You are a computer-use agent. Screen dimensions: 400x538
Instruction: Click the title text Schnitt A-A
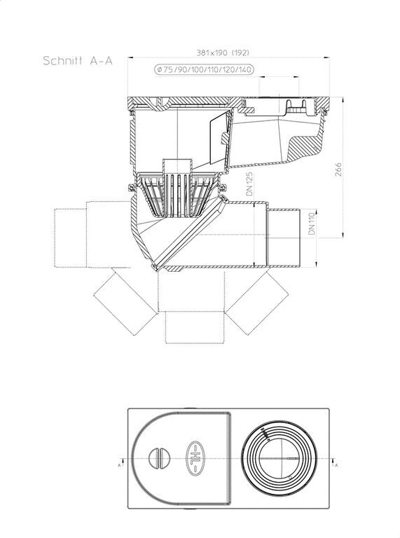pyautogui.click(x=78, y=61)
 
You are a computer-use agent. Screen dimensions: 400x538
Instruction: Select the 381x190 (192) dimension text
pyautogui.click(x=223, y=53)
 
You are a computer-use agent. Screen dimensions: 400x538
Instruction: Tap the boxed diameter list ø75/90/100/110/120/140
pyautogui.click(x=205, y=70)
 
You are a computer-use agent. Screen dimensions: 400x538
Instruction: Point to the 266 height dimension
pyautogui.click(x=338, y=170)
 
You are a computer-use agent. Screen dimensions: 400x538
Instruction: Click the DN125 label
pyautogui.click(x=249, y=184)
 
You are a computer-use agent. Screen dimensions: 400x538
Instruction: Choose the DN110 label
pyautogui.click(x=312, y=223)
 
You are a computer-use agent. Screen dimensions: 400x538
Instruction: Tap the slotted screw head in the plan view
pyautogui.click(x=160, y=458)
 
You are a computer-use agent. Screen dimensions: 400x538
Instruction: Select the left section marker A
pyautogui.click(x=119, y=464)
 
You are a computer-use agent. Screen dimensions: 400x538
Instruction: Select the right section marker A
pyautogui.click(x=336, y=464)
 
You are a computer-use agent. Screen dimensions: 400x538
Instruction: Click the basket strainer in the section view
pyautogui.click(x=177, y=196)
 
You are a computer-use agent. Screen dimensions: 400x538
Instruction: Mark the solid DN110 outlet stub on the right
pyautogui.click(x=284, y=237)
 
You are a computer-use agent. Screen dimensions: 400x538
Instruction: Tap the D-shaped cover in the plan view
pyautogui.click(x=181, y=458)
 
